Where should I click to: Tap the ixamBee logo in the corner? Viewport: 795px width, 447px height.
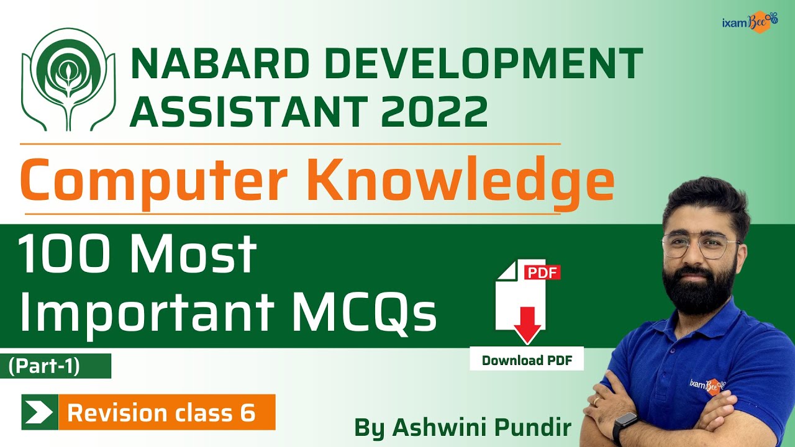click(749, 22)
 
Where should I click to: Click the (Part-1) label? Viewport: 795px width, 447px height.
click(44, 366)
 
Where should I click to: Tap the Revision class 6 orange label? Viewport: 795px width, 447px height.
click(162, 413)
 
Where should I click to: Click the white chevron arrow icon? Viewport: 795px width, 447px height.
click(39, 412)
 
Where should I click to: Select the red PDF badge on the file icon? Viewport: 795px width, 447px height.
click(542, 273)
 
